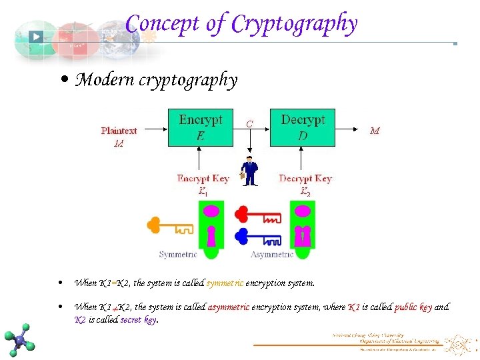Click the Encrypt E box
pos(200,127)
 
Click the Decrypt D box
pos(303,127)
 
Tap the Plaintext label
pos(119,131)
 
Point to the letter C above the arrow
pos(249,123)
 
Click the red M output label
pos(375,131)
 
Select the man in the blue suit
pos(250,171)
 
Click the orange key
pos(169,226)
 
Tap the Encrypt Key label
pos(203,179)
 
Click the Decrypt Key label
pos(305,179)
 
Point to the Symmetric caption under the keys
pos(178,254)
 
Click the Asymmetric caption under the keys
pos(272,254)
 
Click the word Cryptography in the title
pos(294,24)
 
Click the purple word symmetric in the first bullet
pos(225,283)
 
